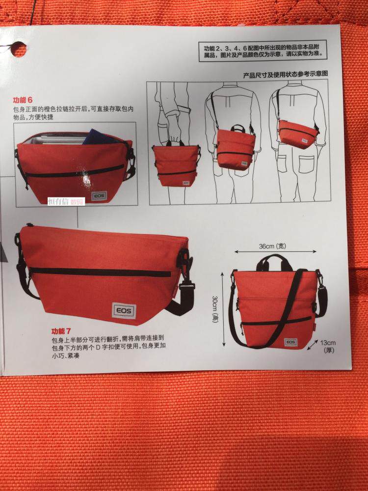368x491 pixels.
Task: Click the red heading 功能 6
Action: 23,100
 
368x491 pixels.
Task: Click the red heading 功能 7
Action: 61,331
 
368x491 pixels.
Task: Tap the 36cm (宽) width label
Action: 272,246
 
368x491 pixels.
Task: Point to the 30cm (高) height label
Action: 215,309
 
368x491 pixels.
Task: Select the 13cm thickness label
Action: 328,346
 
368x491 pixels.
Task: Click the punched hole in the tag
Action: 19,49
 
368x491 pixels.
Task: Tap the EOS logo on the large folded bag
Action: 124,311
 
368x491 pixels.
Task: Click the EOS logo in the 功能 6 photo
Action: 99,196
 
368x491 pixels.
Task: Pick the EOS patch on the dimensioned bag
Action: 290,342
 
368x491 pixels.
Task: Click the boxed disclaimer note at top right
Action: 263,51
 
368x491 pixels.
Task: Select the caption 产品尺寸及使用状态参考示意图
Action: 286,75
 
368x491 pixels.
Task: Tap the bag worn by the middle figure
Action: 236,148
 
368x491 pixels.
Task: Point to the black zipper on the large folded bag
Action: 100,272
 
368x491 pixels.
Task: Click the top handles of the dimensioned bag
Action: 274,262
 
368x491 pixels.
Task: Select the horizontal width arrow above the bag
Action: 275,251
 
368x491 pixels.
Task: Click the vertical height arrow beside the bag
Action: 223,309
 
